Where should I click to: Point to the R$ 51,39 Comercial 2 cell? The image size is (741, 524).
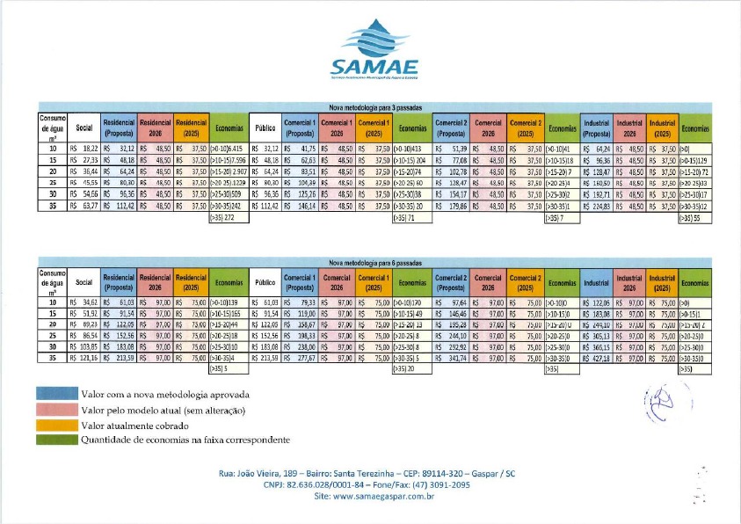tap(450, 150)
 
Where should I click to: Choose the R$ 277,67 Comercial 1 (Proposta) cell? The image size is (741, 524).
tap(300, 359)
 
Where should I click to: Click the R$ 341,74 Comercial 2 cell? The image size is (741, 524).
tap(450, 359)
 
